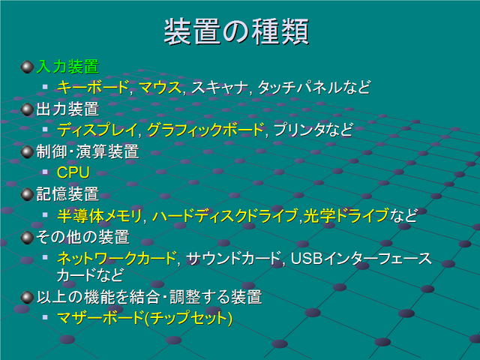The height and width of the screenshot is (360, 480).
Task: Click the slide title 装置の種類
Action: click(x=236, y=31)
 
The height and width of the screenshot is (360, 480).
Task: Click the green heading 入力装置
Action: click(x=67, y=67)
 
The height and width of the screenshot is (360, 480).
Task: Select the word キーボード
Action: click(x=93, y=87)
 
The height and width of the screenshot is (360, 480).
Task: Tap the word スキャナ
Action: click(x=220, y=87)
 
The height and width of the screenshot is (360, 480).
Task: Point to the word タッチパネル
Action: click(x=300, y=87)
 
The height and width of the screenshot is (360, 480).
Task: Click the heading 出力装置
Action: click(x=67, y=109)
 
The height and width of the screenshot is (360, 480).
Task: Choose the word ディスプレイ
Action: click(x=97, y=130)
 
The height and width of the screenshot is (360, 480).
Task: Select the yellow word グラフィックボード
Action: click(x=205, y=130)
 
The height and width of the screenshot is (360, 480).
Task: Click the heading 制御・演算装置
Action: click(x=88, y=151)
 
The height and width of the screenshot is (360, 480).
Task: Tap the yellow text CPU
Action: click(x=73, y=172)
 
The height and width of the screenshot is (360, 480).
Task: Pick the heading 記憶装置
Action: click(x=67, y=194)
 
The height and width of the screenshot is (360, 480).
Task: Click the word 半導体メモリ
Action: click(x=99, y=215)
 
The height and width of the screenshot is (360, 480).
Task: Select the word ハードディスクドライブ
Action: click(x=225, y=215)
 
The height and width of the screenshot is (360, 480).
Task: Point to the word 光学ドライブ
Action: click(x=346, y=215)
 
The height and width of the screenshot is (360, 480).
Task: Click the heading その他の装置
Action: click(x=82, y=237)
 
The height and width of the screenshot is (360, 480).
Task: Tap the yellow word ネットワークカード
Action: click(x=117, y=258)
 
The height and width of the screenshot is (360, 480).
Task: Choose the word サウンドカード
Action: click(x=233, y=258)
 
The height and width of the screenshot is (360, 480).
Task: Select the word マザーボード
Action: click(x=100, y=317)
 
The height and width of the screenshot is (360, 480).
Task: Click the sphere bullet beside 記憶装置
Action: click(x=27, y=194)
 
